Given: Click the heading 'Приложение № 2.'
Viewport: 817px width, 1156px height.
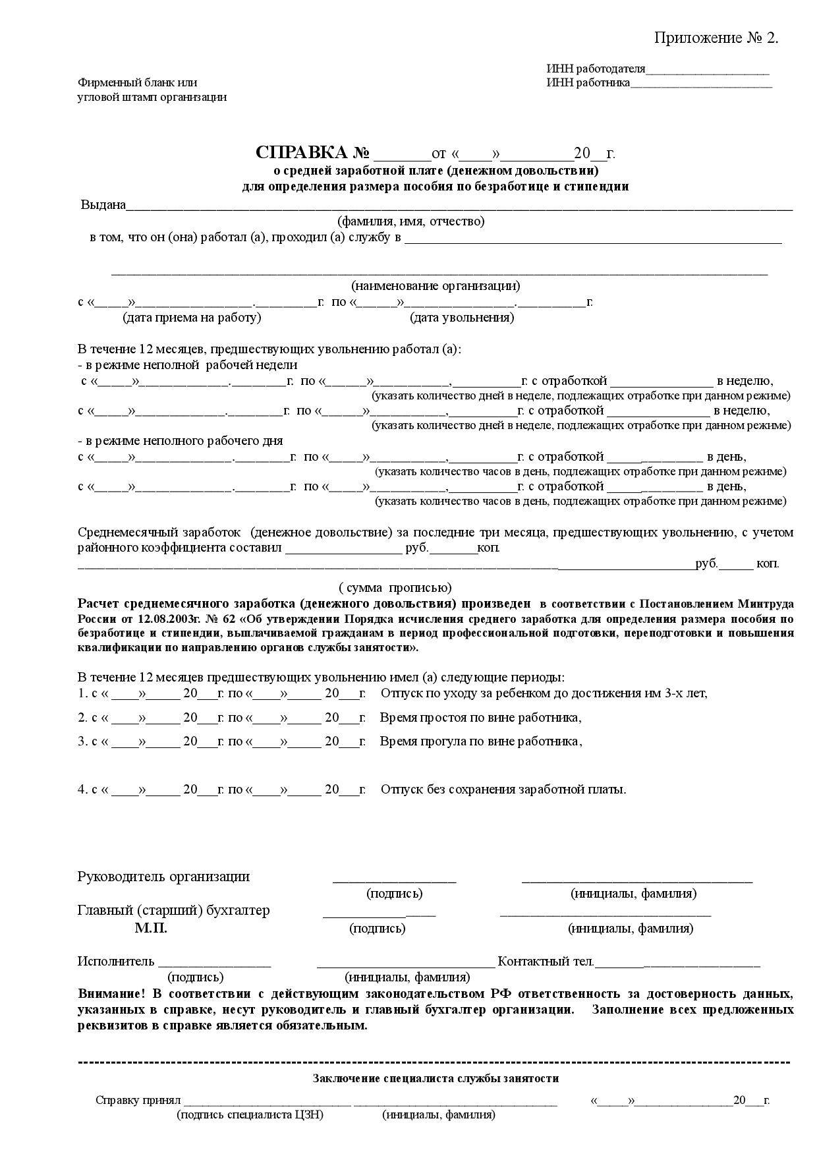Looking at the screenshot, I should pos(716,38).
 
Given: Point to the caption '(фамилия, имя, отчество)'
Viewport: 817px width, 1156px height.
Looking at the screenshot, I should pos(410,221).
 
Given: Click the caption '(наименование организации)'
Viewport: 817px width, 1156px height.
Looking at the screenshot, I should pos(435,286).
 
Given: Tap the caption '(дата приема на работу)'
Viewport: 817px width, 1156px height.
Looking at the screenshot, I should pos(192,318).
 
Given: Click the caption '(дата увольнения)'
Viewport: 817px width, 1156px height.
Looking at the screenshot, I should pos(462,318).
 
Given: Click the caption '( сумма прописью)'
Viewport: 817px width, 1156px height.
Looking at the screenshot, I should pos(395,587).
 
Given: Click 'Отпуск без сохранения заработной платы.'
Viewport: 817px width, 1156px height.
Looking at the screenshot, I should pos(503,789).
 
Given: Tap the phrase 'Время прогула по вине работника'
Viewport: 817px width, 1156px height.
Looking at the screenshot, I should pos(480,741).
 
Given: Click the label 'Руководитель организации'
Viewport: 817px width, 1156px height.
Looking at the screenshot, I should pos(163,877).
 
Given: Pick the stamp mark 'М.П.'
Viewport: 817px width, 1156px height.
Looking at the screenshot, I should pos(151,929).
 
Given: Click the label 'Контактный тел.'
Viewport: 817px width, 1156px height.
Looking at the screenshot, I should pos(546,962).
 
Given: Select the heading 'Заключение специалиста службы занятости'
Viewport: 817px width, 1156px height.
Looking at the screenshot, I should pos(436,1078).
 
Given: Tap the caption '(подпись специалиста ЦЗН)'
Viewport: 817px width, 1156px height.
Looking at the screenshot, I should pos(250,1114).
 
